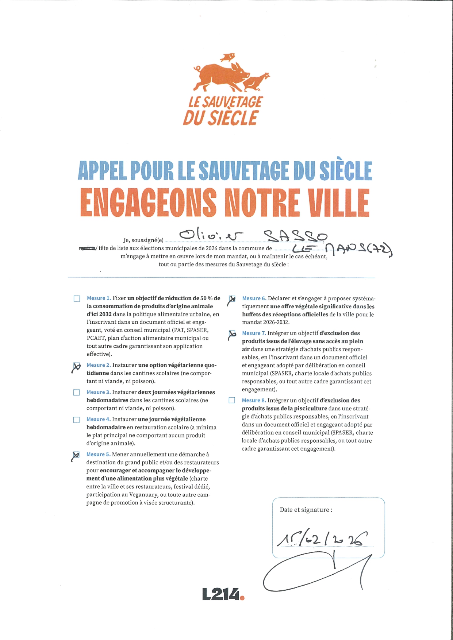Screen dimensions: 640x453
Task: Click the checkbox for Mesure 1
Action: pos(77,298)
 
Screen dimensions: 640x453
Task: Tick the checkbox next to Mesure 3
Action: pos(76,393)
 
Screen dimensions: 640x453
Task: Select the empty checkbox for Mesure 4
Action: pos(76,420)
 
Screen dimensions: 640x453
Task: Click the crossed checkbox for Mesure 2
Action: pos(77,366)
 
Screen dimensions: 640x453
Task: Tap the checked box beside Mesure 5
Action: pos(76,455)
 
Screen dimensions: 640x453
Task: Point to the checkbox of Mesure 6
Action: pos(232,299)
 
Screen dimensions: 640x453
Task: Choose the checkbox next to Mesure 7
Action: pos(232,334)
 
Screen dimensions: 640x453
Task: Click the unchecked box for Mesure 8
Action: pos(232,400)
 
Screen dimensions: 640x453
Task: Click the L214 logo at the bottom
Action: pos(223,594)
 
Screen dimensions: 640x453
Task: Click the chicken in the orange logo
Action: pos(256,82)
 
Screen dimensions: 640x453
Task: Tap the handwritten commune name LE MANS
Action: pos(342,250)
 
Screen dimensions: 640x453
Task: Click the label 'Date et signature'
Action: pos(306,510)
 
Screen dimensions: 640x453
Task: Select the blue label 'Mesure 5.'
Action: pos(98,454)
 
